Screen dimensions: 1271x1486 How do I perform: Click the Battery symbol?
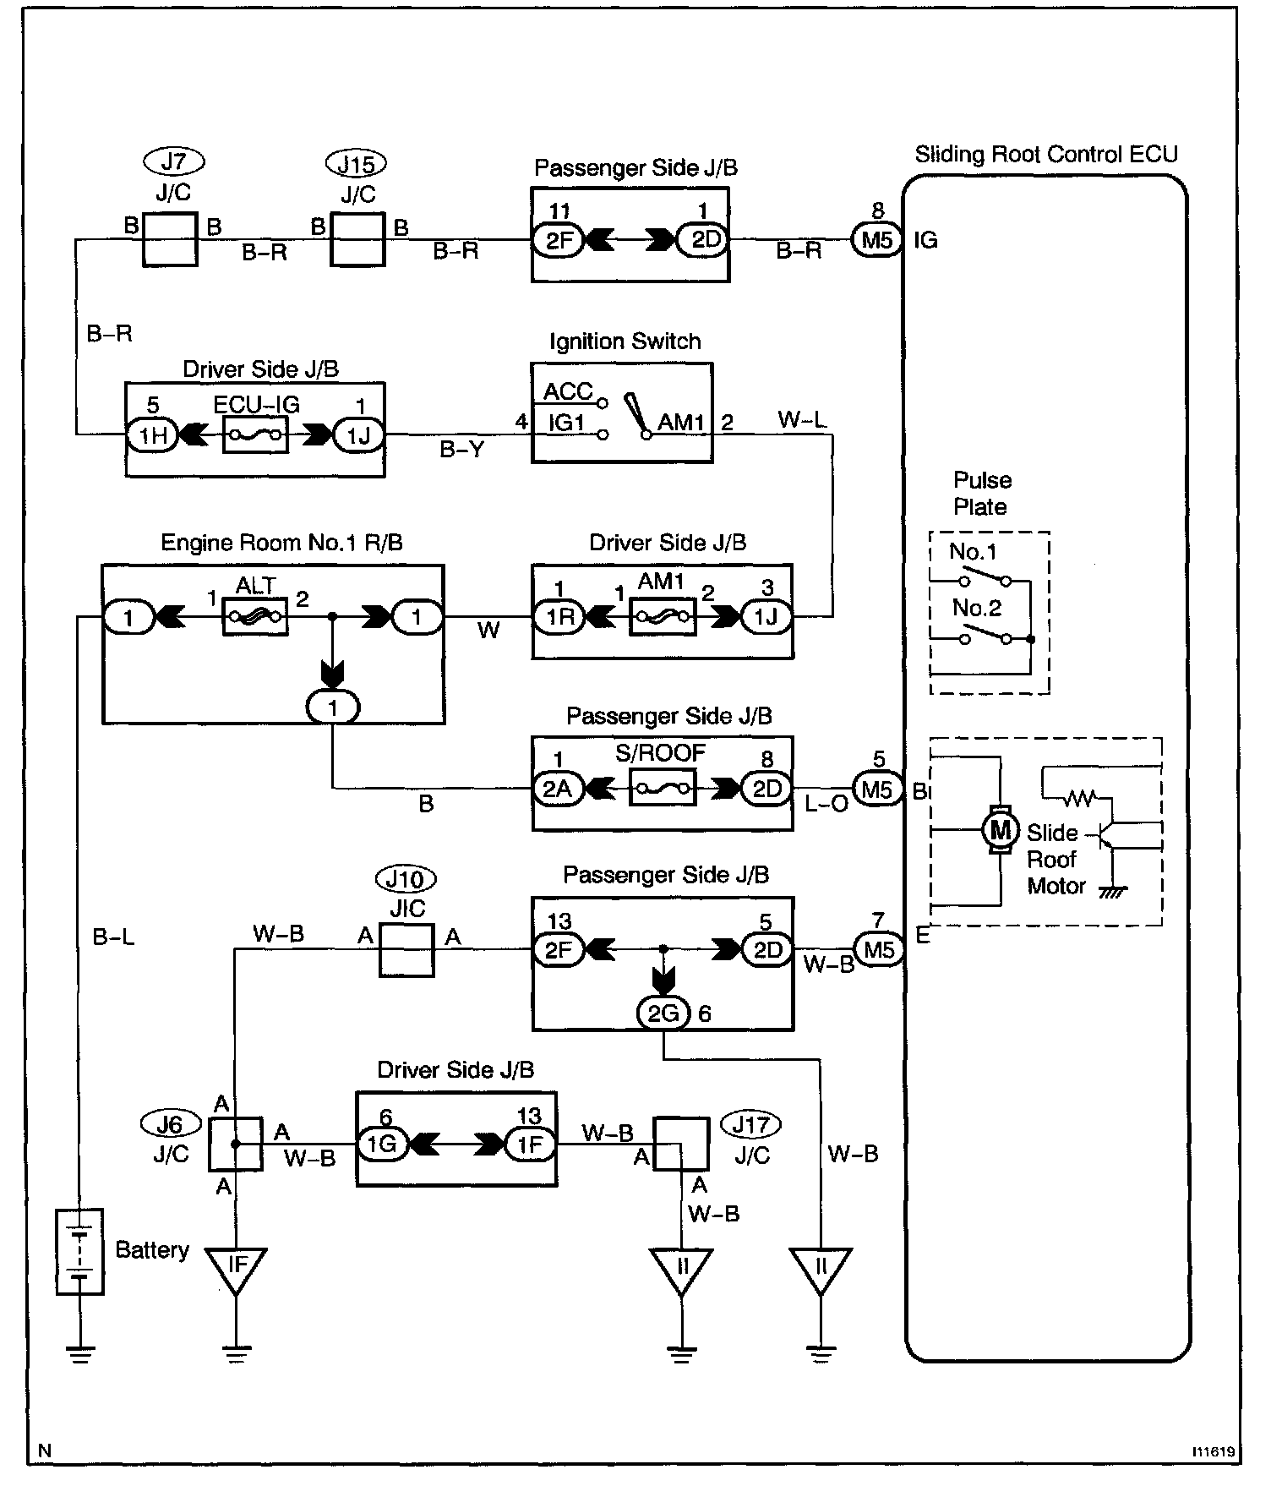pyautogui.click(x=80, y=1252)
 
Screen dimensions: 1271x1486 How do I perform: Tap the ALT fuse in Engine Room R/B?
pyautogui.click(x=254, y=618)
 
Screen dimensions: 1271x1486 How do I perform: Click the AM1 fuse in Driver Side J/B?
pyautogui.click(x=663, y=618)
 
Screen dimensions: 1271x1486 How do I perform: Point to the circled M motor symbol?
pyautogui.click(x=1000, y=830)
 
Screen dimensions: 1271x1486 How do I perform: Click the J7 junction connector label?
pyautogui.click(x=174, y=161)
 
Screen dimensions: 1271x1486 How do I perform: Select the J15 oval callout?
pyautogui.click(x=357, y=163)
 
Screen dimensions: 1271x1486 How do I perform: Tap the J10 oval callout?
pyautogui.click(x=406, y=880)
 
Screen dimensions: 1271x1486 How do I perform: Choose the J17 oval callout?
pyautogui.click(x=750, y=1125)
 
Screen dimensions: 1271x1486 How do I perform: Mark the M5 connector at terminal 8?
pyautogui.click(x=877, y=241)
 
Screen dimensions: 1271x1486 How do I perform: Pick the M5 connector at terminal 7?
pyautogui.click(x=879, y=950)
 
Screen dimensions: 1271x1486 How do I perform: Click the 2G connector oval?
pyautogui.click(x=663, y=1013)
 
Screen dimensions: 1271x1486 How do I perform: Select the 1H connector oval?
pyautogui.click(x=152, y=436)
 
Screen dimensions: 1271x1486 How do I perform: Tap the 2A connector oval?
pyautogui.click(x=558, y=789)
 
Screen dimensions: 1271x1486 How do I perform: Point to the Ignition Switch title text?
pyautogui.click(x=625, y=341)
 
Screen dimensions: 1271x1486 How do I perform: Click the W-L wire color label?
pyautogui.click(x=802, y=419)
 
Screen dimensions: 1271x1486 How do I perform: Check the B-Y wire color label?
pyautogui.click(x=462, y=451)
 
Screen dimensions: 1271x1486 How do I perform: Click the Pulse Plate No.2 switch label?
pyautogui.click(x=976, y=608)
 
